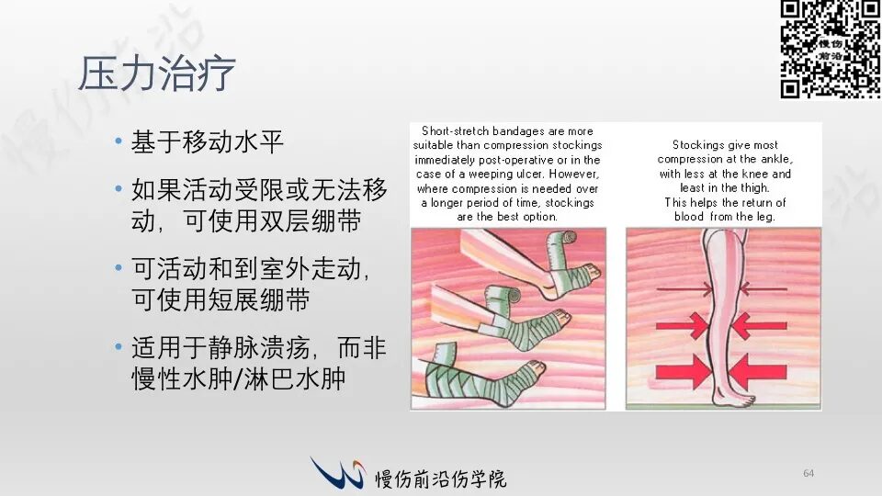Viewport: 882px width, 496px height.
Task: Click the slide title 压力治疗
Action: [x=156, y=73]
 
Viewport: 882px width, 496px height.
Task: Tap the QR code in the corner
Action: [x=831, y=50]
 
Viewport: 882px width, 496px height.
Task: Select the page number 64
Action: [x=808, y=473]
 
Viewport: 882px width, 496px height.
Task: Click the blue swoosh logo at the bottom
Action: [x=337, y=472]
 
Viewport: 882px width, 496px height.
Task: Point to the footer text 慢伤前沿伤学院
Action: [x=440, y=479]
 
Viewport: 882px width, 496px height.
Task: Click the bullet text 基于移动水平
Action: [x=207, y=141]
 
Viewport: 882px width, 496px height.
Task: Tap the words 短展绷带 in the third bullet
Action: [x=259, y=299]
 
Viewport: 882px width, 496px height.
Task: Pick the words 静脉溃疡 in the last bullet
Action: [x=259, y=347]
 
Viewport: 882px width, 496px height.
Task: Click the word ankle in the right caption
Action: [x=777, y=159]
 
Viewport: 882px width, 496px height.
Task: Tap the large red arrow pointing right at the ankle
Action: [x=683, y=371]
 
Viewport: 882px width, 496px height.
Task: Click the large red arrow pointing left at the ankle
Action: [x=757, y=371]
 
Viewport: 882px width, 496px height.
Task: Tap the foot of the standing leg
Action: [x=734, y=400]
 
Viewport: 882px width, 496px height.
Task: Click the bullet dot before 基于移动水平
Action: [x=119, y=141]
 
